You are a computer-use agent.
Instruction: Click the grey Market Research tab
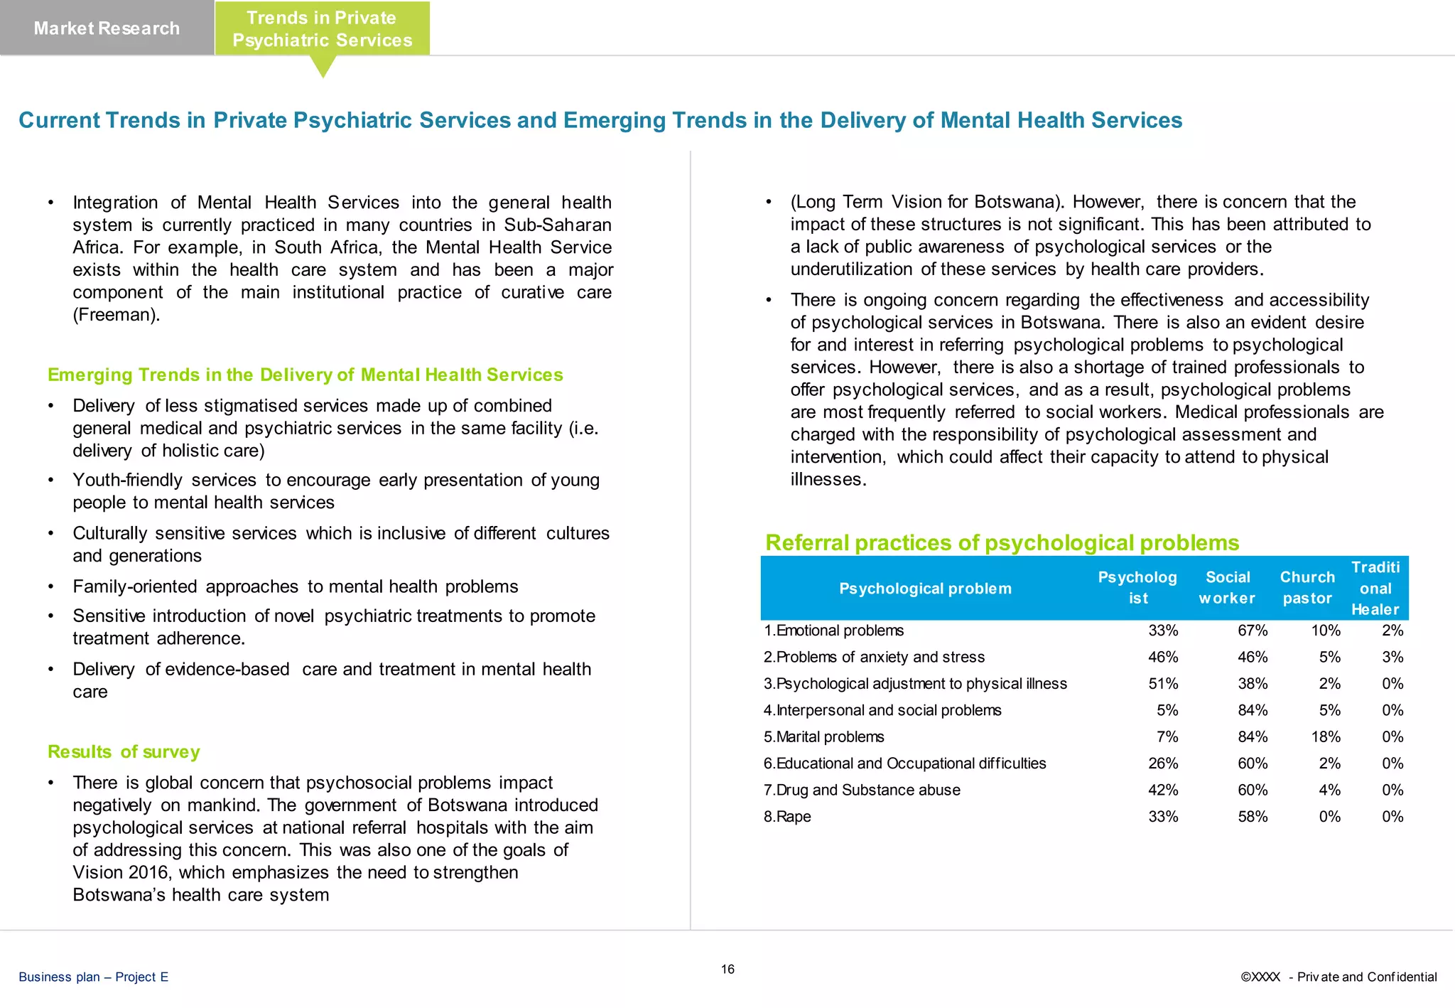tap(107, 28)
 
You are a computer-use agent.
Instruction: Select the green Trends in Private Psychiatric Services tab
tap(322, 29)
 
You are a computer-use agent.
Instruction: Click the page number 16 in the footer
tap(727, 969)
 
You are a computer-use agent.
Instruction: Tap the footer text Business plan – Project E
tap(94, 977)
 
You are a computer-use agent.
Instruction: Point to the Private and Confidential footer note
tap(1338, 977)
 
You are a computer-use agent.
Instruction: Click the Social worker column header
tap(1227, 588)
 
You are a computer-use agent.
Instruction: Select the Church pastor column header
tap(1307, 588)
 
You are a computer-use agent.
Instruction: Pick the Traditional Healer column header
tap(1375, 588)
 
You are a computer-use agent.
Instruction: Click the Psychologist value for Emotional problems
tap(1163, 631)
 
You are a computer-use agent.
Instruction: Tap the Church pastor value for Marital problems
tap(1326, 736)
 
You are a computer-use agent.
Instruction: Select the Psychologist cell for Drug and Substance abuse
tap(1163, 790)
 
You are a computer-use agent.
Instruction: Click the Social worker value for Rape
tap(1253, 817)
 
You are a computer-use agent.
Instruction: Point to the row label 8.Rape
tap(787, 817)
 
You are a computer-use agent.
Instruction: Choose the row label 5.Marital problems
tap(824, 736)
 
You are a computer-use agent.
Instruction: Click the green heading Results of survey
tap(124, 751)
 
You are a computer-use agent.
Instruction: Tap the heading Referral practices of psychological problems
tap(1002, 542)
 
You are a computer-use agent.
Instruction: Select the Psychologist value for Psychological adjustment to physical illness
tap(1163, 684)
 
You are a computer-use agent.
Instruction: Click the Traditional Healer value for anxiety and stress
tap(1392, 657)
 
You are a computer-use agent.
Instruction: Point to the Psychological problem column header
tap(925, 589)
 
